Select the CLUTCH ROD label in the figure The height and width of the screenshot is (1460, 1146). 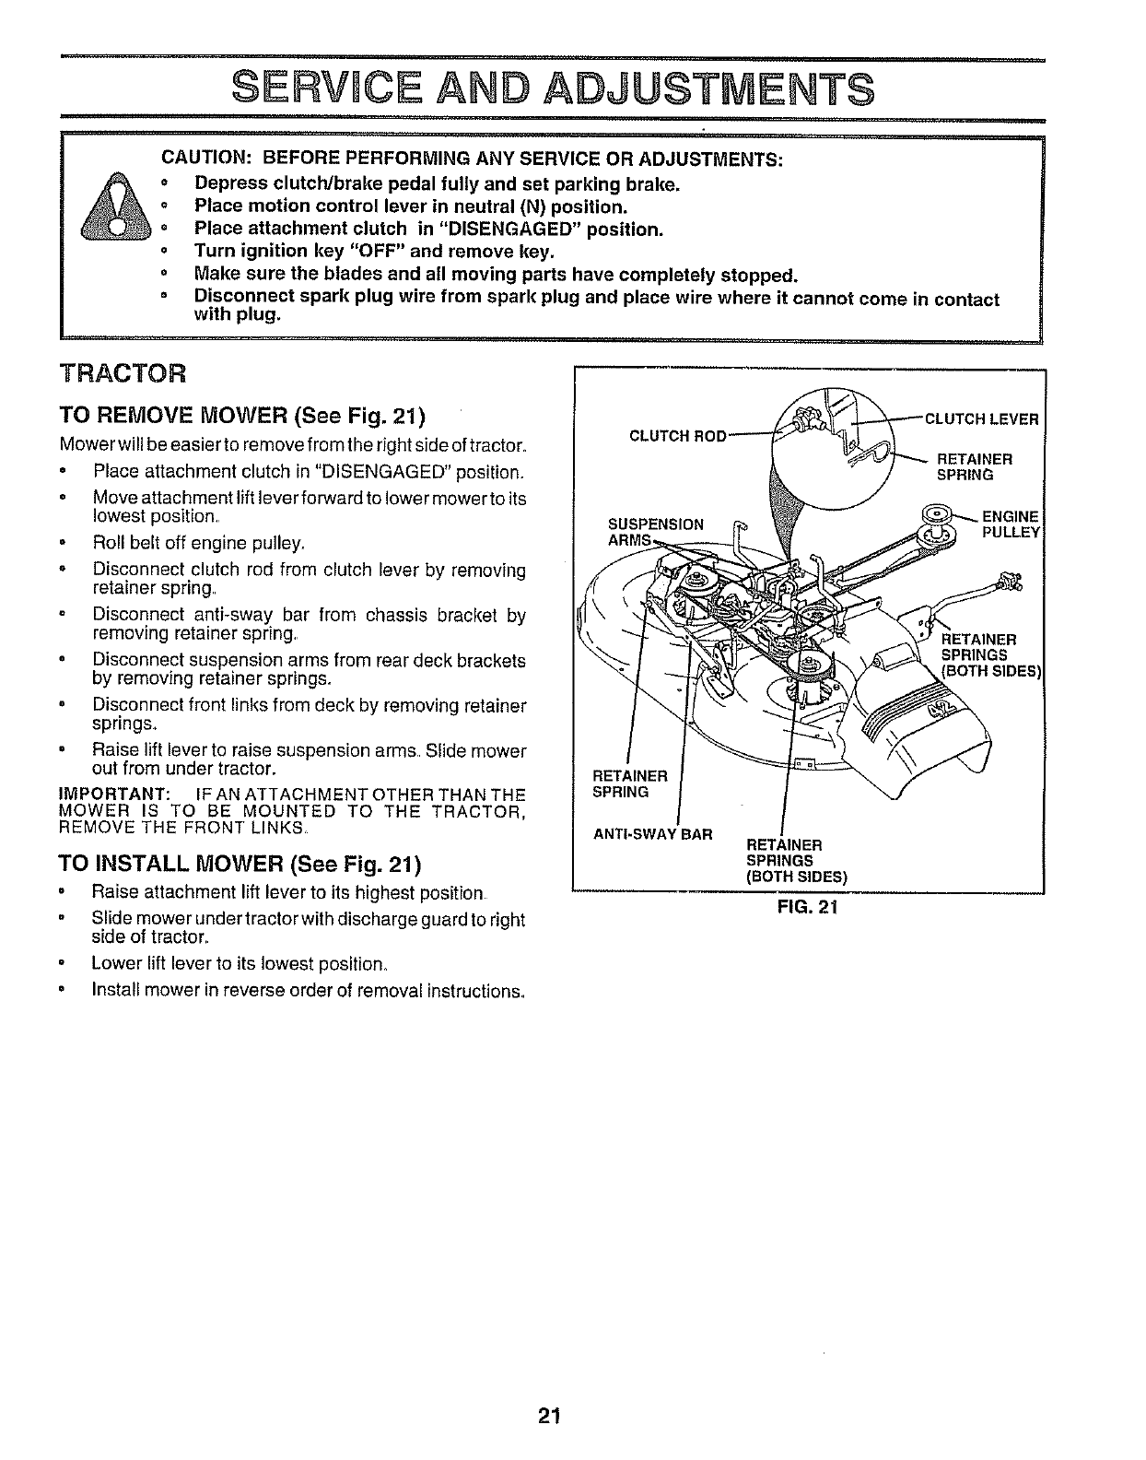pos(678,435)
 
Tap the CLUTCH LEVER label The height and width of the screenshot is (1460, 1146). pos(981,419)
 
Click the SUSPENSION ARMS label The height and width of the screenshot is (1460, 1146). pos(655,532)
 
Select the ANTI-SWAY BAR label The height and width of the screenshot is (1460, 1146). pos(652,835)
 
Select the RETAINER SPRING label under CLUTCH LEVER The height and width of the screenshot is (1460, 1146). pos(974,466)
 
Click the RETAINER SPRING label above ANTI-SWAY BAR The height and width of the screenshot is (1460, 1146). pos(629,783)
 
